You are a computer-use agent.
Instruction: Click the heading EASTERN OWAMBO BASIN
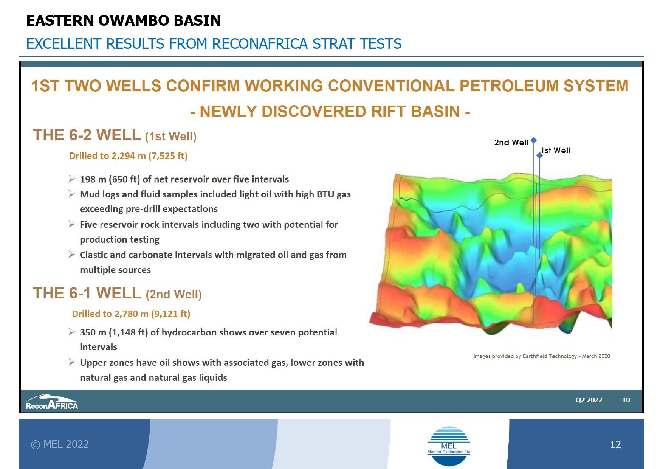[x=124, y=20]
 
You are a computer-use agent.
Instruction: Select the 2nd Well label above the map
[x=511, y=143]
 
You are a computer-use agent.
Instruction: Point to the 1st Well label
[x=555, y=150]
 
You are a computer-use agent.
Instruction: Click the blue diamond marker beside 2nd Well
[x=534, y=140]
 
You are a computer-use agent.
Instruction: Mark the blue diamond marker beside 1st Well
[x=540, y=155]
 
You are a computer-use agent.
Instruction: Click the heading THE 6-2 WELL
[x=87, y=135]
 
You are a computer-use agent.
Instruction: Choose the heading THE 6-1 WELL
[x=87, y=293]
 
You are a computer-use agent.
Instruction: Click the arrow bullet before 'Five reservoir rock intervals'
[x=72, y=224]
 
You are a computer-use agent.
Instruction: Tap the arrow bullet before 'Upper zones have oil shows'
[x=72, y=362]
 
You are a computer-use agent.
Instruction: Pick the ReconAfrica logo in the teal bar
[x=52, y=402]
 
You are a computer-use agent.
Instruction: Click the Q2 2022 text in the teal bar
[x=589, y=400]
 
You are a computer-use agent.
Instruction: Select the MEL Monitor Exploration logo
[x=449, y=446]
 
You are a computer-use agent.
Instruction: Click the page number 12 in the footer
[x=615, y=444]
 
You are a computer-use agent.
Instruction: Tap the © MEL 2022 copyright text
[x=60, y=444]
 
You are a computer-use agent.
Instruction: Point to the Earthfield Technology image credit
[x=542, y=356]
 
